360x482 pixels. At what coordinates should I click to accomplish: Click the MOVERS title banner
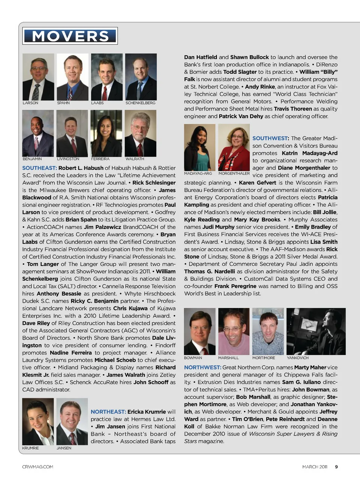click(70, 36)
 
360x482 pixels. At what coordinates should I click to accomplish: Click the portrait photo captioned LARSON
click(38, 77)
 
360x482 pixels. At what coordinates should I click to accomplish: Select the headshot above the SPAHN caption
click(72, 77)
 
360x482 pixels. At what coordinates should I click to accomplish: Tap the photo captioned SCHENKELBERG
click(141, 77)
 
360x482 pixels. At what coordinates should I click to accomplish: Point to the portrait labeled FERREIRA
click(106, 133)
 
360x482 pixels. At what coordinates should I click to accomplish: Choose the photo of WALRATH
click(140, 133)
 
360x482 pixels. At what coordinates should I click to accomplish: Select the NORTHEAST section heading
click(108, 412)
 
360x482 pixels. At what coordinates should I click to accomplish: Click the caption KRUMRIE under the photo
click(30, 448)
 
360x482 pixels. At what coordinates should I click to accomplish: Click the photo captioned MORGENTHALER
click(234, 147)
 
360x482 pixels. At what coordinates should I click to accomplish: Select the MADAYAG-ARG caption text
click(198, 174)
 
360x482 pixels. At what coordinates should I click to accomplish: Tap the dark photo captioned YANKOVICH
click(316, 331)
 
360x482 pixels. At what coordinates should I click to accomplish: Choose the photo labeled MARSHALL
click(234, 331)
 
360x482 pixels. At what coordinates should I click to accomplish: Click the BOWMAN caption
click(193, 358)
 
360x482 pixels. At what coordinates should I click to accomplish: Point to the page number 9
click(336, 467)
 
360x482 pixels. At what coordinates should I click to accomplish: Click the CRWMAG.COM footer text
click(37, 467)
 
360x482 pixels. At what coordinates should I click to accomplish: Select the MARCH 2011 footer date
click(315, 467)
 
